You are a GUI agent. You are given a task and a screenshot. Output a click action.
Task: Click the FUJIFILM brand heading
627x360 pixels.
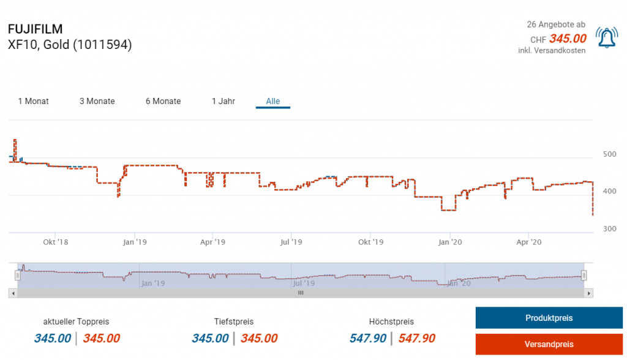(36, 29)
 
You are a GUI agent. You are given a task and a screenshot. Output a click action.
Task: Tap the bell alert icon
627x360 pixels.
(607, 38)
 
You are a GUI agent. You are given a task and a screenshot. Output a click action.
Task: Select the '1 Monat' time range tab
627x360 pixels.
(34, 101)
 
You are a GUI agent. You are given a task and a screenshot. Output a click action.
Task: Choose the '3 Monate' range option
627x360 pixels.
(97, 101)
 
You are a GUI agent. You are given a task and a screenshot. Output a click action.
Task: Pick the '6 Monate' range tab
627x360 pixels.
(163, 101)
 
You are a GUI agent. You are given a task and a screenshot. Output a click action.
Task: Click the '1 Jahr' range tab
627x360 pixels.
(223, 101)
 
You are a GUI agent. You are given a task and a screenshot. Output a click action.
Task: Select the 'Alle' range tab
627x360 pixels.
(273, 101)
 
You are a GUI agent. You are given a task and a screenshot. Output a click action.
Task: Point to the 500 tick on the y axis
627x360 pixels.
(609, 154)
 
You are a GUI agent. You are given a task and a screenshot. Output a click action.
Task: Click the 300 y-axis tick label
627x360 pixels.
(609, 229)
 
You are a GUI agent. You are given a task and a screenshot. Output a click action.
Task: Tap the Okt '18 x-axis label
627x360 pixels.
(55, 242)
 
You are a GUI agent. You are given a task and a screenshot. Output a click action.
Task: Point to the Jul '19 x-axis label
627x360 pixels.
(292, 242)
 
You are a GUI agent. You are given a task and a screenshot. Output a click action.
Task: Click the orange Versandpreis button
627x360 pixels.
(549, 344)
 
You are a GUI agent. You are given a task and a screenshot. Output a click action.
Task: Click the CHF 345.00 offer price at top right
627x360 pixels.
(567, 39)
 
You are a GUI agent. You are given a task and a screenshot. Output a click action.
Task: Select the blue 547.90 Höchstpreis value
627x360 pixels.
(368, 339)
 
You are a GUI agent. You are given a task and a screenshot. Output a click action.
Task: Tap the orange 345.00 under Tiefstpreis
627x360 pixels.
(259, 339)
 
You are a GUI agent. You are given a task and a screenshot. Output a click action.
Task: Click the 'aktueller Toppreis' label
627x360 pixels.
(77, 321)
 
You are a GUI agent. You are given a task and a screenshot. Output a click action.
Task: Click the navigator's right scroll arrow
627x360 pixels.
(589, 293)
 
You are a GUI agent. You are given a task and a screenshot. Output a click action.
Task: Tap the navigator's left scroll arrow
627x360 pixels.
(12, 293)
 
